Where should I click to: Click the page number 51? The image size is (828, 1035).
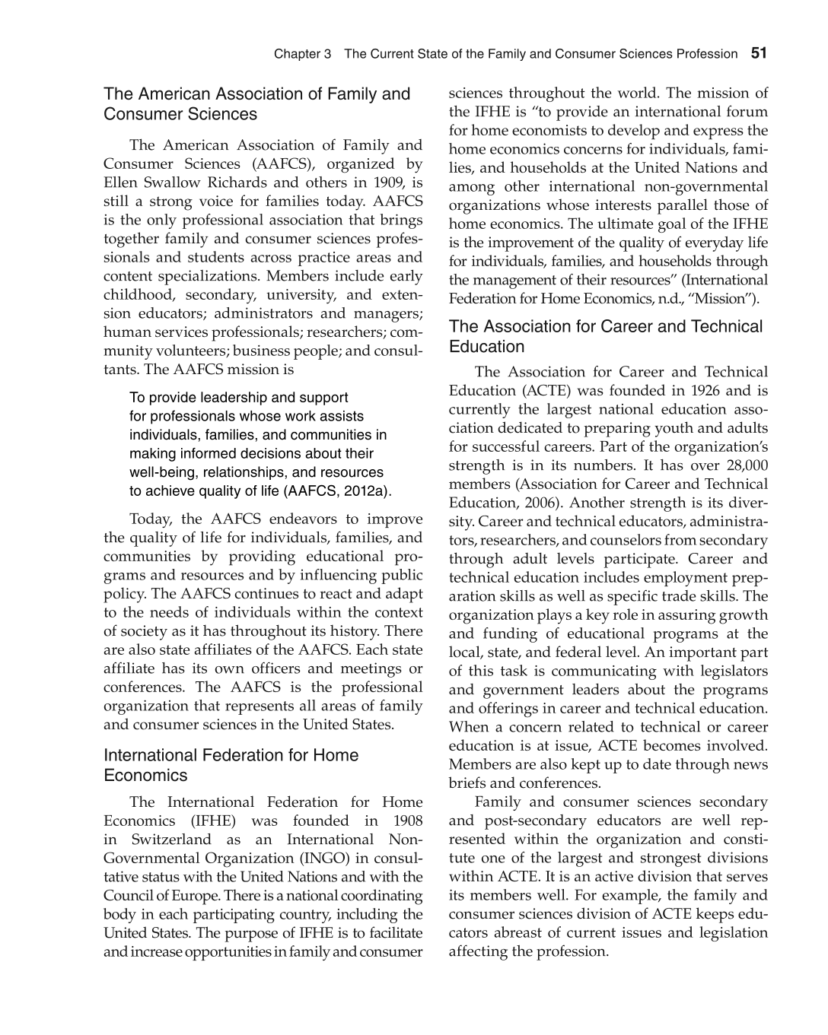[759, 53]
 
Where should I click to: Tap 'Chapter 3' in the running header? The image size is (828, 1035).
[302, 54]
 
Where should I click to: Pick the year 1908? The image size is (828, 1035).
[407, 821]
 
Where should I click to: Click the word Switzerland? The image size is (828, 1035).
[171, 840]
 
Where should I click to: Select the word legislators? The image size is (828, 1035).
[730, 671]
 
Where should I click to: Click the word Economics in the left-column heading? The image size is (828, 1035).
[145, 775]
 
